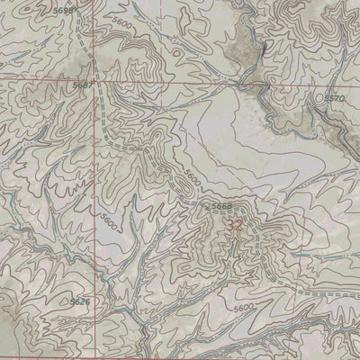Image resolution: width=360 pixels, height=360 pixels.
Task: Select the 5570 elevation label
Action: pyautogui.click(x=335, y=96)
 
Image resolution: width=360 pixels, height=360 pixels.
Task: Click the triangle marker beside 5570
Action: pyautogui.click(x=320, y=97)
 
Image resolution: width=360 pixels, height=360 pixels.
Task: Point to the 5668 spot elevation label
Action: pyautogui.click(x=221, y=206)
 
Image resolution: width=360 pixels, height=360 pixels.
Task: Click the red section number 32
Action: pyautogui.click(x=236, y=225)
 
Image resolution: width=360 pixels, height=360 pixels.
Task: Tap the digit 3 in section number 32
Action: pyautogui.click(x=231, y=225)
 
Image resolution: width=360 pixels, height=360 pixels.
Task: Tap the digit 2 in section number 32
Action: pyautogui.click(x=240, y=225)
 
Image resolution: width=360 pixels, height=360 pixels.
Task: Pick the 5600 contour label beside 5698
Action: pyautogui.click(x=121, y=25)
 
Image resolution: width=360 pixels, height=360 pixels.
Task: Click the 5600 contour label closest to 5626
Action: pyautogui.click(x=109, y=220)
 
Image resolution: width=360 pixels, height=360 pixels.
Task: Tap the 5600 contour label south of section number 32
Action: pyautogui.click(x=243, y=309)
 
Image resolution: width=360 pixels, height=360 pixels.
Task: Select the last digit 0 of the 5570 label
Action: pyautogui.click(x=343, y=96)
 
